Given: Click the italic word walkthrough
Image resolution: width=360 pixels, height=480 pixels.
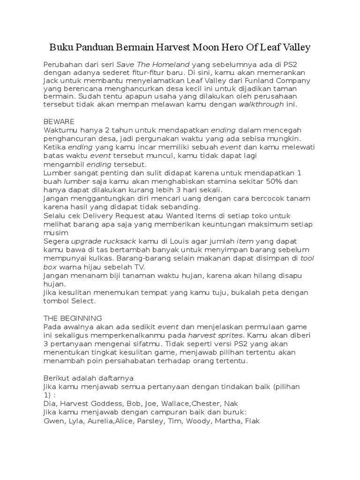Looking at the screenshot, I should coord(262,105).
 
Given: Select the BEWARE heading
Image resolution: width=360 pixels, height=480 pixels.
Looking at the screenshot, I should coord(59,121).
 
